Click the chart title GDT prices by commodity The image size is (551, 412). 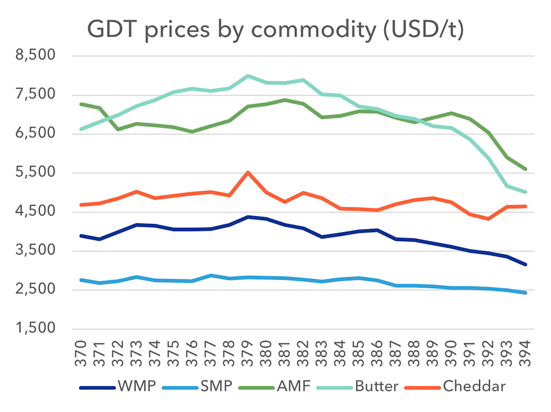pos(275,30)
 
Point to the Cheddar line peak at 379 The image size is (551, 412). pos(248,173)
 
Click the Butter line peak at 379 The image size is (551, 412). pos(248,76)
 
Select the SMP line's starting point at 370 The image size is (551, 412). pos(81,280)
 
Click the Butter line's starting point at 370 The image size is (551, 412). pos(81,129)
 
